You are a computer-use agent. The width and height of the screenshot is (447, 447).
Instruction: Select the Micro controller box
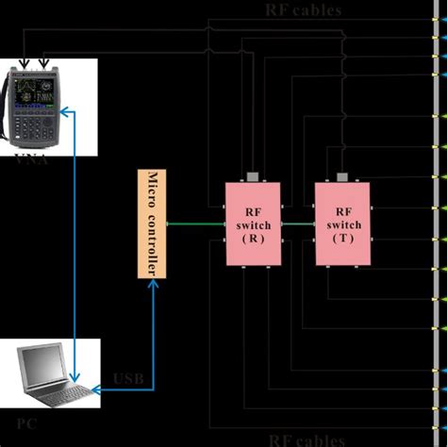[152, 224]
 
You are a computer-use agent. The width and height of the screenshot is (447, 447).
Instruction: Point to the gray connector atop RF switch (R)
[252, 176]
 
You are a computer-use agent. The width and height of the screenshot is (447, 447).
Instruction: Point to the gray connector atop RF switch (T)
[344, 176]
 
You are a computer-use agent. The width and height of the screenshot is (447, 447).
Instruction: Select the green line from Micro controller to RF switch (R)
[193, 224]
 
